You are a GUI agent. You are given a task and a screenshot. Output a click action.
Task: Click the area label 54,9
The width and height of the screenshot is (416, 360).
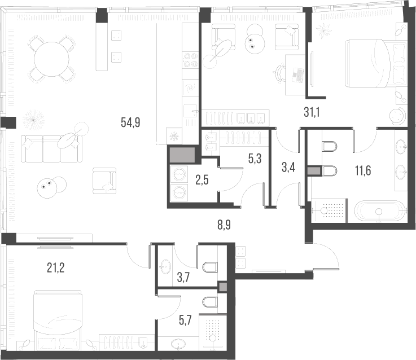click(x=130, y=121)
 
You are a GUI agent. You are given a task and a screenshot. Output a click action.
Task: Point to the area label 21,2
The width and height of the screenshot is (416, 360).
click(x=55, y=267)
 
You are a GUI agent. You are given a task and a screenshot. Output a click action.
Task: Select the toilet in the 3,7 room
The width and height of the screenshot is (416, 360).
click(x=207, y=265)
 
